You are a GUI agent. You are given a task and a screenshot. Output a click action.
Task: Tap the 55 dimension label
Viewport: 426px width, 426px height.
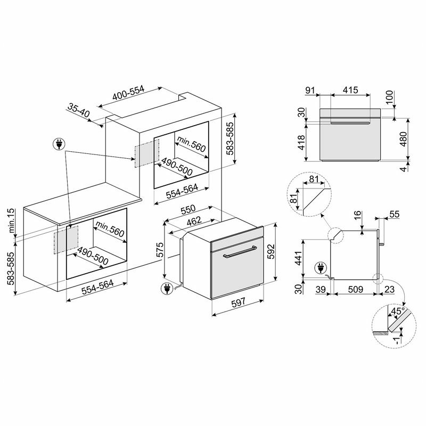tap(394, 214)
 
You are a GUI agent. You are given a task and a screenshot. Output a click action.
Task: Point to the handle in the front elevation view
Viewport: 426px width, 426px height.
tap(349, 124)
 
